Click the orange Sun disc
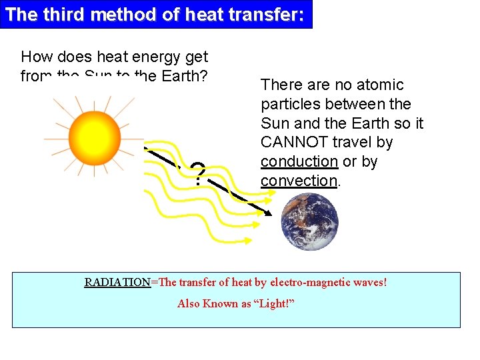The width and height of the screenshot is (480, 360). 94,136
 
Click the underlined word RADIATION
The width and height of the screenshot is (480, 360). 117,282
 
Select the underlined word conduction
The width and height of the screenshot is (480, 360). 299,161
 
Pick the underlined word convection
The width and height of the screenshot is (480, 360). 299,181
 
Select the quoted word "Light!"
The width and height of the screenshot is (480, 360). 273,303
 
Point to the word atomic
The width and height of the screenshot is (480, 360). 379,85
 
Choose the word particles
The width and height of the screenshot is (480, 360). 289,104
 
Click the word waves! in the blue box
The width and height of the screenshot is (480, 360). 371,282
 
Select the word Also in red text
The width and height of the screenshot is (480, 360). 189,303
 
